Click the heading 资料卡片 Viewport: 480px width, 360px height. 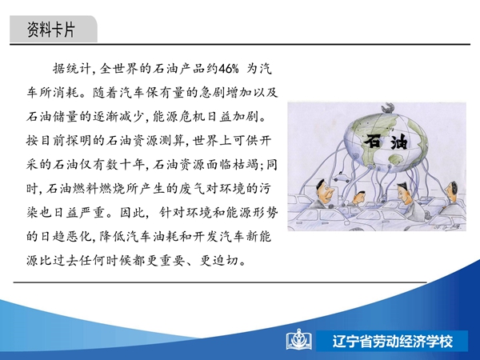click(51, 30)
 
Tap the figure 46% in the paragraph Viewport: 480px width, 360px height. click(228, 69)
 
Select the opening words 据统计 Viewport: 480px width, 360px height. click(72, 69)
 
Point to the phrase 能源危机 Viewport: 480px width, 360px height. click(178, 117)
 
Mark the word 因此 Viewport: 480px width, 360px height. click(132, 213)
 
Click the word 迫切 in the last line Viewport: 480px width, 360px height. click(226, 261)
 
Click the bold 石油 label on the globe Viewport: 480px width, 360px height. click(386, 142)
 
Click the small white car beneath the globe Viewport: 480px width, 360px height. click(342, 178)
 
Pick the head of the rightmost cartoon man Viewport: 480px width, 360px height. click(452, 191)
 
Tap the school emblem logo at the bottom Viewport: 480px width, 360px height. click(298, 340)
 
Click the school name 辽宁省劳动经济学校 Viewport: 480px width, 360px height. click(393, 341)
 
